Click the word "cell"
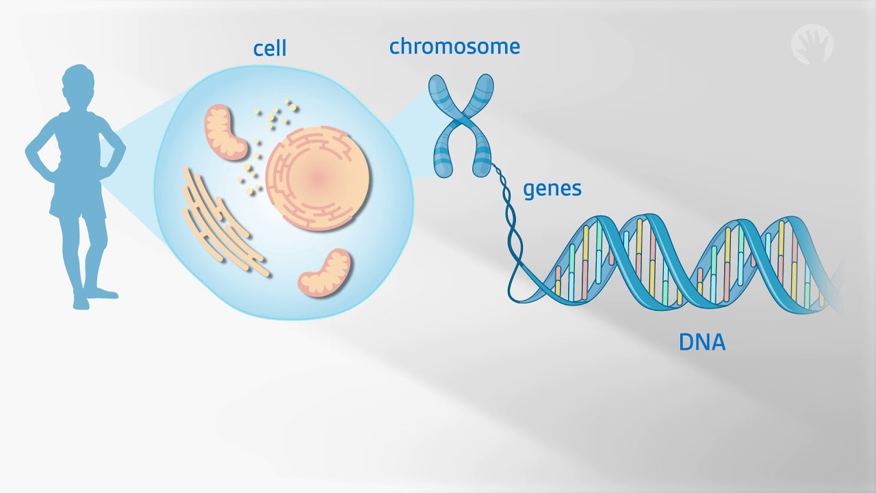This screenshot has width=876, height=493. pos(270,49)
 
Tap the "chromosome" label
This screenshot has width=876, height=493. pos(454,47)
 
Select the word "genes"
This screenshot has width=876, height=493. pos(552,188)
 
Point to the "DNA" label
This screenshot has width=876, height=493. pos(701,342)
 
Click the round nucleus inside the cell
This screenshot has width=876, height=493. pos(318,178)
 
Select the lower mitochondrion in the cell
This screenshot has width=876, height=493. pos(325,273)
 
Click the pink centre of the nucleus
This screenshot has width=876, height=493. pos(318,178)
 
